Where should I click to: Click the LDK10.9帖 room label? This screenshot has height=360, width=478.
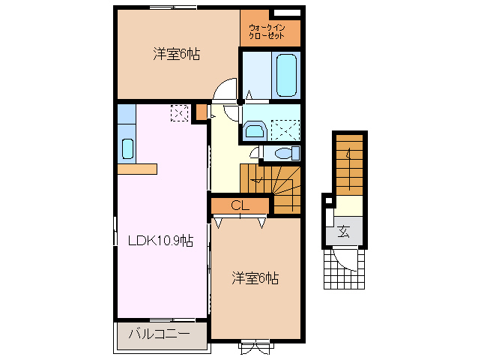tap(160, 241)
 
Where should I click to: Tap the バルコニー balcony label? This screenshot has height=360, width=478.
tap(158, 334)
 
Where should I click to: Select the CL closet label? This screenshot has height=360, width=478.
tap(240, 205)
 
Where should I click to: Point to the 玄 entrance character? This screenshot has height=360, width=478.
tap(343, 231)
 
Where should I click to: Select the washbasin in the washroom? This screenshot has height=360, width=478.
tap(254, 131)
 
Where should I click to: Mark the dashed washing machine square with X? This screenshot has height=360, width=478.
tap(284, 130)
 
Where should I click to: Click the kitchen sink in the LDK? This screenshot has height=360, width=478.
tap(127, 149)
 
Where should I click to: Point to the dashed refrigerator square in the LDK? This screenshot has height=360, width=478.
tap(179, 112)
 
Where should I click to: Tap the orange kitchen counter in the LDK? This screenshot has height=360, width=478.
tap(136, 168)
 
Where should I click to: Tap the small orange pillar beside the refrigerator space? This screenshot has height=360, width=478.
tap(200, 112)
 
